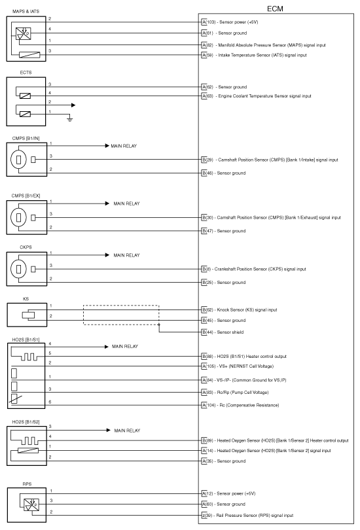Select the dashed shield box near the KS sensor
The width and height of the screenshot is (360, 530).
pyautogui.click(x=120, y=315)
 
